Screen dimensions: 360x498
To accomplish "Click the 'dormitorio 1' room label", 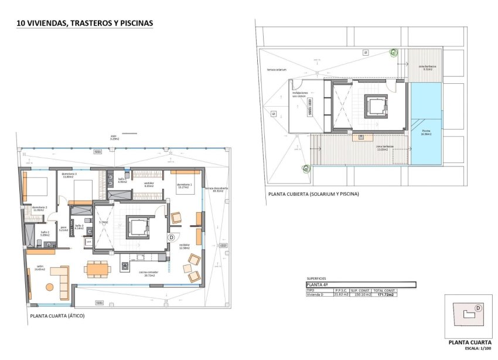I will coord(185,186).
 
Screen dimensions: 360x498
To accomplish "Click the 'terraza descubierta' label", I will coord(216,189).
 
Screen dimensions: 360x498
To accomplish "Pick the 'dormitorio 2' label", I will coord(40,208).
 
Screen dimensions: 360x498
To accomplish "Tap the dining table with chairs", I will coord(96,269).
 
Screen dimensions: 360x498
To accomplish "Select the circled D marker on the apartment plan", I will coord(171,237).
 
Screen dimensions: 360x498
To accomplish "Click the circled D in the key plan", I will coord(478,308).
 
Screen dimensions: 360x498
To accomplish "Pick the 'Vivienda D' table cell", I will coord(316,294).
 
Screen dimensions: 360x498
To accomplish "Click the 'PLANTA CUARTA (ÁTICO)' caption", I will coord(57,316).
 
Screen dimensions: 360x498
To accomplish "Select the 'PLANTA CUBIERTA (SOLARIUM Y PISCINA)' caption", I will coord(313,194).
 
